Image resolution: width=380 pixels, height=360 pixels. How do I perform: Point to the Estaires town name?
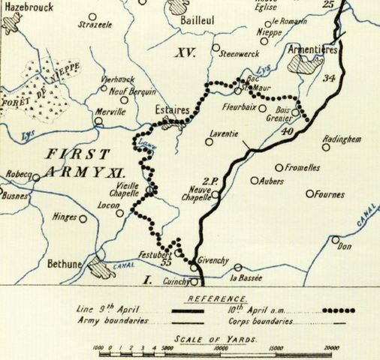(172, 109)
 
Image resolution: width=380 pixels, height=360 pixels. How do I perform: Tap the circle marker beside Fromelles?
(279, 168)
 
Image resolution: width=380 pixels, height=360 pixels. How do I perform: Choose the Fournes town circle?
(309, 193)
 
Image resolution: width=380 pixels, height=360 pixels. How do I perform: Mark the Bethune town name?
(65, 265)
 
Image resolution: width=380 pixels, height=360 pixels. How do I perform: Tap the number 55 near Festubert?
(167, 263)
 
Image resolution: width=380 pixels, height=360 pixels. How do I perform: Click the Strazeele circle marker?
(92, 16)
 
